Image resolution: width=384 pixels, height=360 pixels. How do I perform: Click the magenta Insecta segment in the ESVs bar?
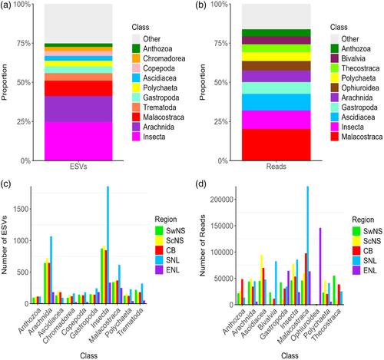78,141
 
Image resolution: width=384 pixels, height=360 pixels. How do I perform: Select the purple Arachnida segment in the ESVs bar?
78,109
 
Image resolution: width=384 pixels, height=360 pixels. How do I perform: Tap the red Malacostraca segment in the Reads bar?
276,145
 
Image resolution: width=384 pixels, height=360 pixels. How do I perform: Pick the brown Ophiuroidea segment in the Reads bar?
276,66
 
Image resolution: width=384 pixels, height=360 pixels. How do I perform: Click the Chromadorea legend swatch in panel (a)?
136,58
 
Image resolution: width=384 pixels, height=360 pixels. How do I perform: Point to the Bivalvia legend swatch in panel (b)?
334,58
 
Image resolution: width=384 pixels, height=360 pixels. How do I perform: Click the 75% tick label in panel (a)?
24,43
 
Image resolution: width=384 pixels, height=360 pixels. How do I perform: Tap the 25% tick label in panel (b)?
221,121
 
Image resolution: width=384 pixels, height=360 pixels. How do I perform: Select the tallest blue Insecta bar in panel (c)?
108,245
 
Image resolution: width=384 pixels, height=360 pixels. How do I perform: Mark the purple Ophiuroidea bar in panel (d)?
320,266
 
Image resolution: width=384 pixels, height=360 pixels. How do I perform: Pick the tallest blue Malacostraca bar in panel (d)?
308,246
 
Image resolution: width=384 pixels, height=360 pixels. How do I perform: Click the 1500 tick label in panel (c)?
22,209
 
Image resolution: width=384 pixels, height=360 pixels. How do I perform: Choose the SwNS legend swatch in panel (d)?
356,231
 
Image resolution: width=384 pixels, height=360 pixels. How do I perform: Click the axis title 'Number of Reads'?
203,246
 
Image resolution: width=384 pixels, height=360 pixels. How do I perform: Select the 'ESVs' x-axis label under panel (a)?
78,167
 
